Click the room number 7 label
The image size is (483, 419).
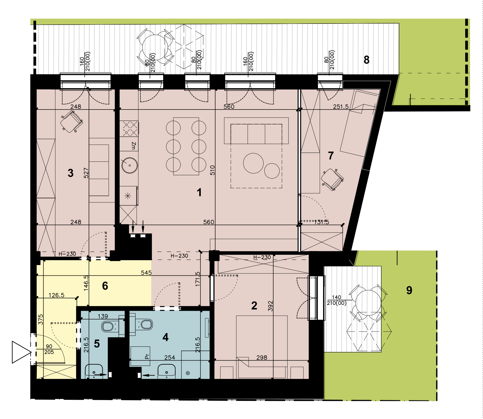331,156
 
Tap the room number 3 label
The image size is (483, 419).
70,173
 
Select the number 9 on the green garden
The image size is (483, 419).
409,290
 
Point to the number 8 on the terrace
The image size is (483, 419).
366,60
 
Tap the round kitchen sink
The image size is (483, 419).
130,165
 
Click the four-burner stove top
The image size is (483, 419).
129,128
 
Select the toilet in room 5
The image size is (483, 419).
110,326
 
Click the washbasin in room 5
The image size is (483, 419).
94,371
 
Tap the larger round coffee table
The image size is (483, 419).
253,163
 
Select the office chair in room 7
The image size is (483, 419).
332,179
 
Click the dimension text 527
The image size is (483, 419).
86,173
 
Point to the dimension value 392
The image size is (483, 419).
270,306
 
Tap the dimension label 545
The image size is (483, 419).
146,273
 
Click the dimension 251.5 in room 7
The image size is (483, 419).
341,107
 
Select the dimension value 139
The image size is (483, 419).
103,316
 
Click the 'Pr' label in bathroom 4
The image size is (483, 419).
147,357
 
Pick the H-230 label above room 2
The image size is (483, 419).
262,257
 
